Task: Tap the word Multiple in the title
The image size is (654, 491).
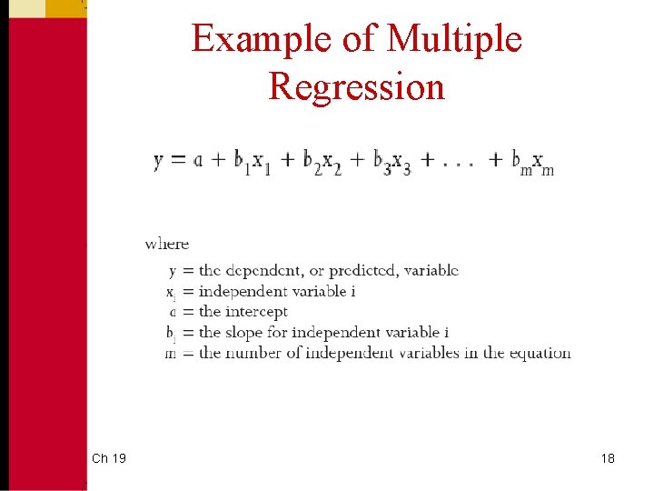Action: tap(454, 39)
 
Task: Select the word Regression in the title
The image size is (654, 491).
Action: tap(357, 86)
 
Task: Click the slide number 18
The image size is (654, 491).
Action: tap(608, 458)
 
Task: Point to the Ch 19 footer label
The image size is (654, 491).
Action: tap(109, 458)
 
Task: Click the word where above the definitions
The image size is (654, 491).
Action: tap(167, 244)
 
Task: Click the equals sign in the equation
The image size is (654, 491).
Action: tap(183, 161)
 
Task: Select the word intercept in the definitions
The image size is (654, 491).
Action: tap(258, 312)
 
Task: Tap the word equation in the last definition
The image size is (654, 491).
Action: tap(540, 353)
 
